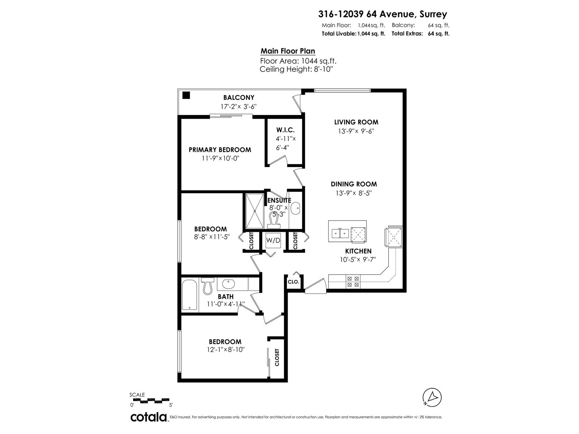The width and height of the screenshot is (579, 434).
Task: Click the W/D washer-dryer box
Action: click(273, 240)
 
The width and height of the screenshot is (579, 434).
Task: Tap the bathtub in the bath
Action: click(189, 295)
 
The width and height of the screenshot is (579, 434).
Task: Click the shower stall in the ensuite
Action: click(254, 211)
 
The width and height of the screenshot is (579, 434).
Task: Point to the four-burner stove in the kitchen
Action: click(353, 281)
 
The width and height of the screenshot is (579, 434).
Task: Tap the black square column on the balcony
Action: click(186, 95)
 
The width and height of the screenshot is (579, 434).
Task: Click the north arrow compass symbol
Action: click(432, 397)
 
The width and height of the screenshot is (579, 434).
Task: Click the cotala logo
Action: click(149, 417)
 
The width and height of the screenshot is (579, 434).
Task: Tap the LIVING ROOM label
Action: click(356, 122)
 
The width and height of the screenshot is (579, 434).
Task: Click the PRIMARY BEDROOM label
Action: click(220, 150)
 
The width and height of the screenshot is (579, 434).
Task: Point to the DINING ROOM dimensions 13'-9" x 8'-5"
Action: click(354, 193)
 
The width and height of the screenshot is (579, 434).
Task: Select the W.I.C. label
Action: click(286, 130)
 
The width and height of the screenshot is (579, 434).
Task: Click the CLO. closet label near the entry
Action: click(293, 282)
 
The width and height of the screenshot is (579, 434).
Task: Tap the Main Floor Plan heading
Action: click(288, 51)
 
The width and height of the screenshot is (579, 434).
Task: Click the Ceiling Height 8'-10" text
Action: click(296, 69)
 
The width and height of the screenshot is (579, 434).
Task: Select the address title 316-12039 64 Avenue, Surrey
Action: click(383, 14)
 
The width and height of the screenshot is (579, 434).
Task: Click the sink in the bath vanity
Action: click(228, 284)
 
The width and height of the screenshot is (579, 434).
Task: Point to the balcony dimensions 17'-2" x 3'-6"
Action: click(238, 107)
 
